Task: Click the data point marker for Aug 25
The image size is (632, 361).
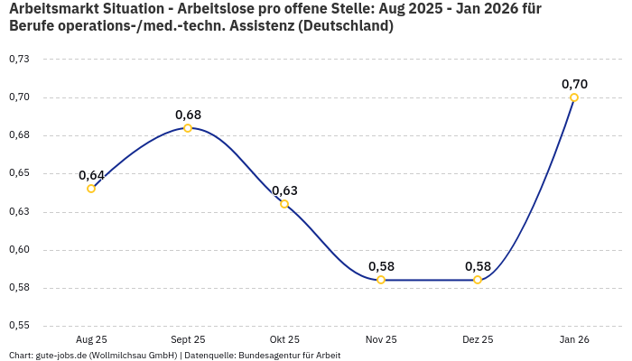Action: click(x=91, y=189)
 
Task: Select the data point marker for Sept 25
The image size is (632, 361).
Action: click(x=188, y=128)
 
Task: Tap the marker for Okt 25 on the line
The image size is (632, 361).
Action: click(x=284, y=204)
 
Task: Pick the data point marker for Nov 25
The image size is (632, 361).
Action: click(x=381, y=280)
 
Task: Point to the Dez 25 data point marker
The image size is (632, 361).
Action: click(x=478, y=280)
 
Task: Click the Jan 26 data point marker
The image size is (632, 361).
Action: click(x=574, y=97)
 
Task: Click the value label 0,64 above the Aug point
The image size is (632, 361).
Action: click(x=91, y=175)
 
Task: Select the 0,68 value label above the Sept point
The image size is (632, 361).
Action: click(x=188, y=115)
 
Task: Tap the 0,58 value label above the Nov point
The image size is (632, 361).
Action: click(x=381, y=266)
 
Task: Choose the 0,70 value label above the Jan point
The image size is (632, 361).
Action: click(x=574, y=84)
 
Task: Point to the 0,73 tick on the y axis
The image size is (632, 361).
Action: click(x=19, y=59)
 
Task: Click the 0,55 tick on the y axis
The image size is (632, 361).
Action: click(x=19, y=326)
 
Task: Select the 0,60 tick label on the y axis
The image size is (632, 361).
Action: click(x=19, y=250)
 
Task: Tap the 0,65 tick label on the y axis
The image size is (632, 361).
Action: click(x=19, y=173)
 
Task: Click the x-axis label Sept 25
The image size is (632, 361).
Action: click(x=188, y=340)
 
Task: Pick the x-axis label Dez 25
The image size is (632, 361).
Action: click(x=478, y=340)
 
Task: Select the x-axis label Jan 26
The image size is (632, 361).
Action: click(x=574, y=340)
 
